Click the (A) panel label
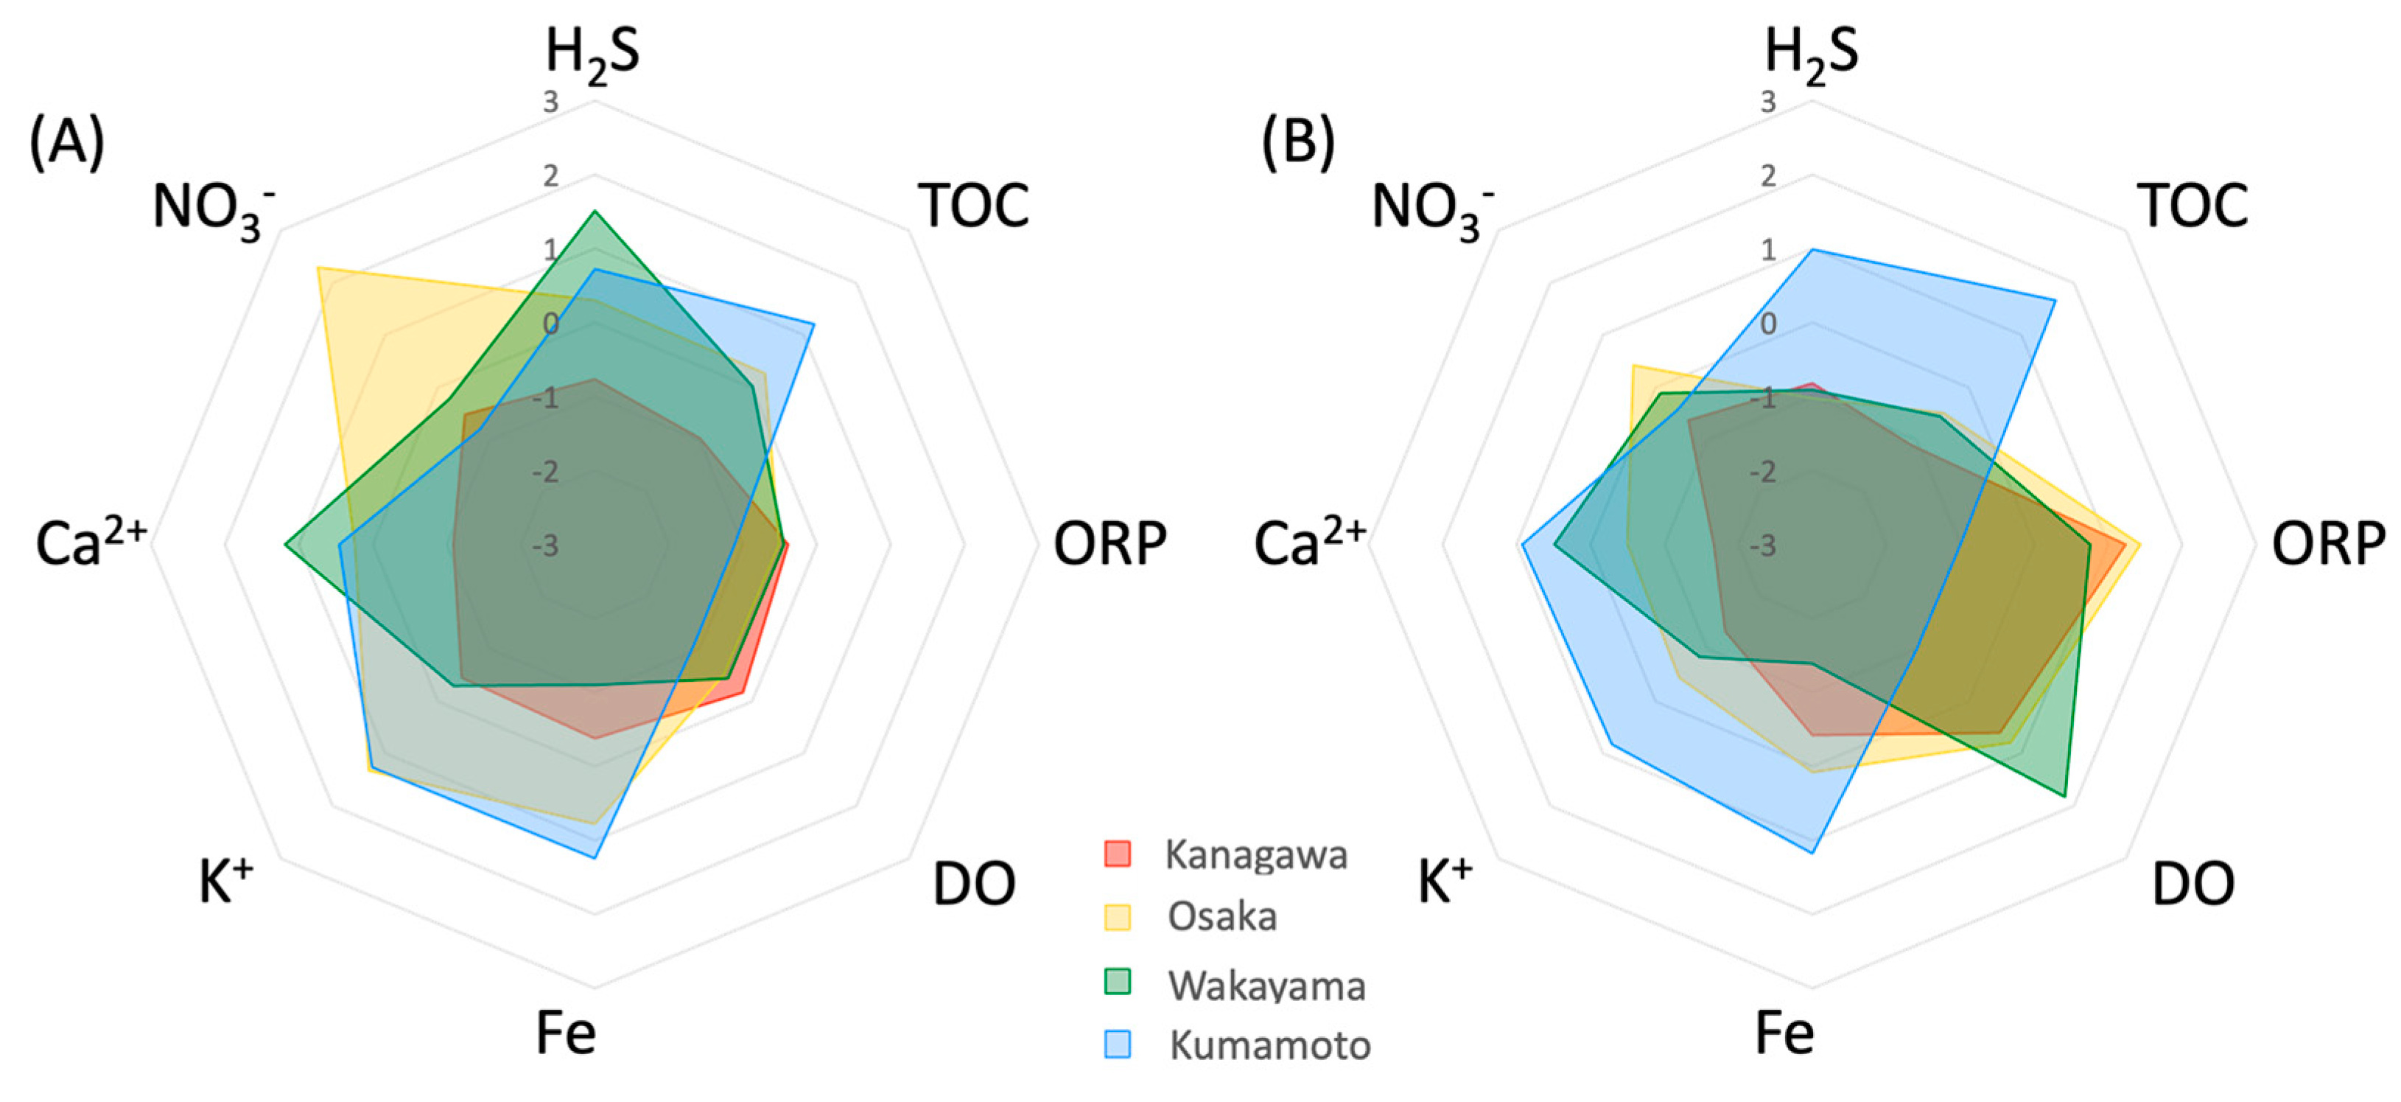click(x=66, y=143)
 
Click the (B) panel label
click(x=1297, y=143)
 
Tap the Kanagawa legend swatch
click(x=1117, y=853)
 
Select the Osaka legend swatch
click(x=1117, y=916)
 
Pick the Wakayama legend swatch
click(x=1117, y=982)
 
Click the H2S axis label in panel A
click(x=593, y=53)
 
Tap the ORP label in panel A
click(x=1110, y=543)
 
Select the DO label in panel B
click(x=2193, y=883)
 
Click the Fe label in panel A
click(x=565, y=1032)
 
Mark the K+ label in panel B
click(x=1445, y=881)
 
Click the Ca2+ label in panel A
click(x=91, y=543)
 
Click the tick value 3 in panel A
click(x=551, y=102)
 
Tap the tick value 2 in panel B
click(x=1767, y=175)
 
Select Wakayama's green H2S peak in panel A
click(x=595, y=212)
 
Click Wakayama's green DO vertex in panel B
click(x=2066, y=796)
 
